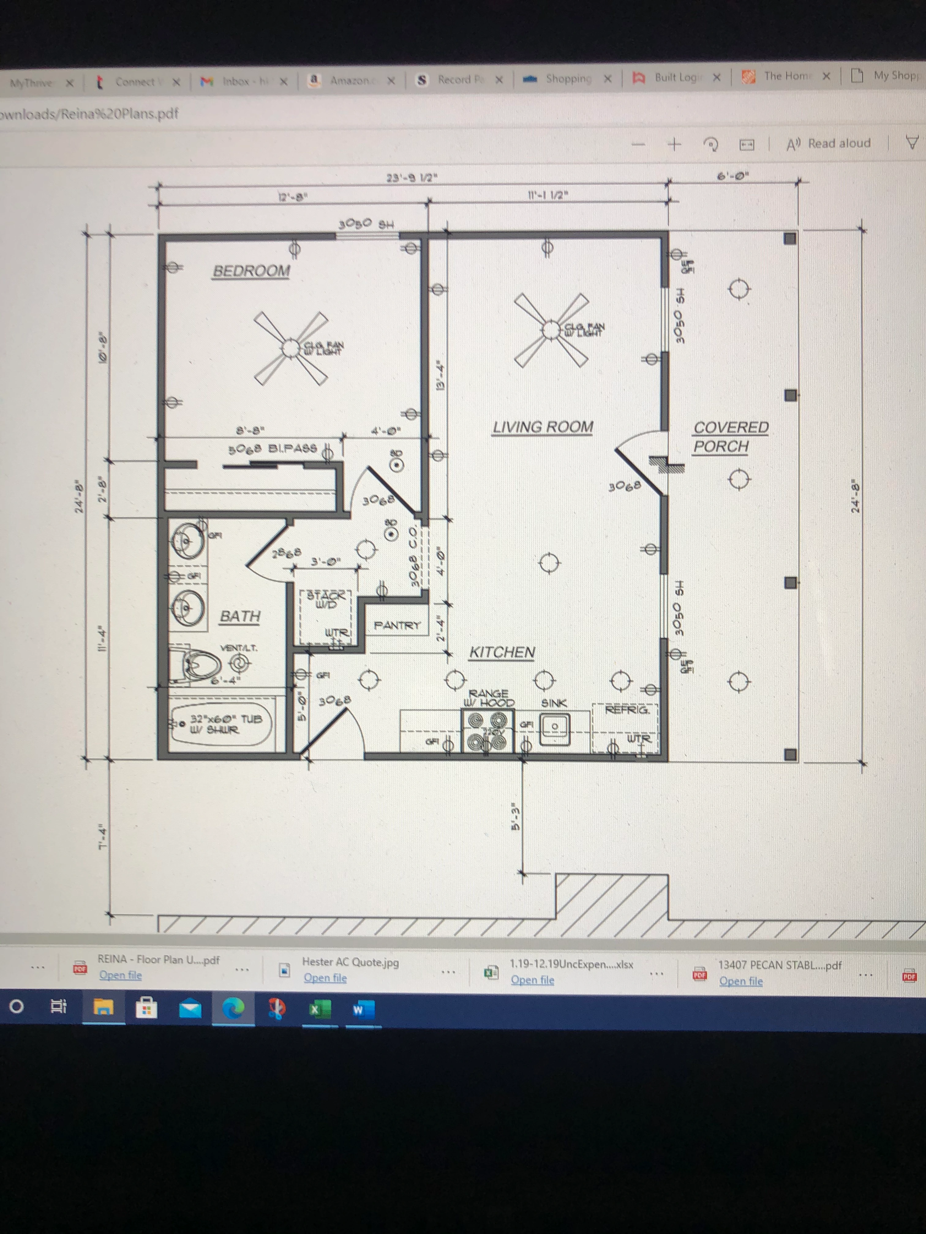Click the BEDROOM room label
point(251,271)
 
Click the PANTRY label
point(397,625)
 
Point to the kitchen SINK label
point(554,703)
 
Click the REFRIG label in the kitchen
point(627,710)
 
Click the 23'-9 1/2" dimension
point(412,178)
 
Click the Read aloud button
point(828,143)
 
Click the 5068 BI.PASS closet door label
point(273,449)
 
